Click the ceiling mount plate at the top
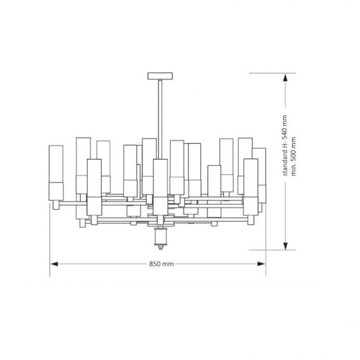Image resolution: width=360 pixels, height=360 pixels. (x=160, y=76)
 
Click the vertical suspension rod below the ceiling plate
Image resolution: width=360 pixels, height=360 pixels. (x=160, y=119)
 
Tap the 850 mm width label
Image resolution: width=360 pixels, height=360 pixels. (x=161, y=264)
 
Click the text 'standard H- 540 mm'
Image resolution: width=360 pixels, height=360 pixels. (x=285, y=145)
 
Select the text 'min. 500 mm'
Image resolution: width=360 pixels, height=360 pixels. (x=293, y=156)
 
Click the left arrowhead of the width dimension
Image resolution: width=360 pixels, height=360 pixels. (x=54, y=264)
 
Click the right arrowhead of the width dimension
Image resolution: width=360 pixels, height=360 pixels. (x=261, y=264)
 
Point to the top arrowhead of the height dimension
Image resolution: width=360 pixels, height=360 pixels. (x=285, y=78)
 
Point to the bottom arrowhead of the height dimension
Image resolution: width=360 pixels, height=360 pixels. (x=286, y=246)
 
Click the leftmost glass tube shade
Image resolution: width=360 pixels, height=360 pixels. (x=56, y=173)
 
